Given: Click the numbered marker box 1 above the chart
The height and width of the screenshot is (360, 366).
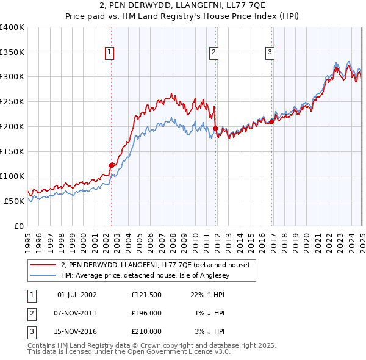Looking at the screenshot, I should pyautogui.click(x=109, y=53).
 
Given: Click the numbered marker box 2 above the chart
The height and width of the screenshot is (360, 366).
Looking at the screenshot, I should pyautogui.click(x=214, y=53).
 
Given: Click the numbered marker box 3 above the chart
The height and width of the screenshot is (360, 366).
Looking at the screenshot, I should pyautogui.click(x=270, y=53).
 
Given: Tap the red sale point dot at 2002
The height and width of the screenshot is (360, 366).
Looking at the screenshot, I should pyautogui.click(x=111, y=165).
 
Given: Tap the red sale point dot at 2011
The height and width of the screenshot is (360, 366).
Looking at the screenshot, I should pyautogui.click(x=216, y=128).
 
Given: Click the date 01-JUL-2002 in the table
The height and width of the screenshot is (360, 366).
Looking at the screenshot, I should pyautogui.click(x=76, y=295).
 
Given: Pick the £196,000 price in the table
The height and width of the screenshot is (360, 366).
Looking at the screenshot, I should pyautogui.click(x=146, y=313).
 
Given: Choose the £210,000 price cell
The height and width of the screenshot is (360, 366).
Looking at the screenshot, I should pyautogui.click(x=146, y=331).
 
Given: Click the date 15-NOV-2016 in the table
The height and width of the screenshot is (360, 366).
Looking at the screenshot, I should pyautogui.click(x=76, y=331).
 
